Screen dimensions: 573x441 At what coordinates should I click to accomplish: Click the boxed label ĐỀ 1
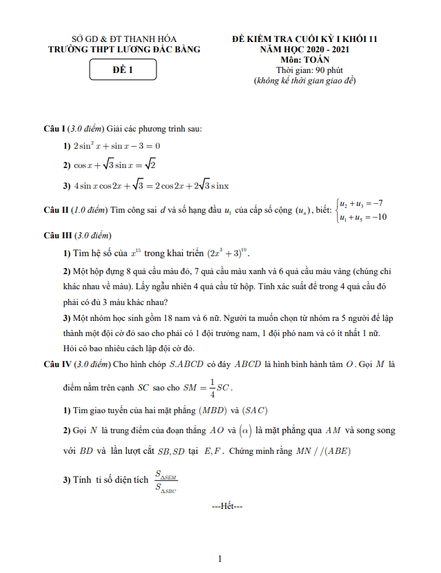(123, 69)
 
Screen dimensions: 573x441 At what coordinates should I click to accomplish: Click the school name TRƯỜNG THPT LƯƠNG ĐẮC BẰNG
(124, 50)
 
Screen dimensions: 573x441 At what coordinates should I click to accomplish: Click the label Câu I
(54, 129)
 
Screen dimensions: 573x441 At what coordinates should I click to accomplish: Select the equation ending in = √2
(115, 165)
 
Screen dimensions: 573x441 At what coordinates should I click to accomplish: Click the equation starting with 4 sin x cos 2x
(151, 185)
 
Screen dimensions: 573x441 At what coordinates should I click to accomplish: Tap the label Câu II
(56, 209)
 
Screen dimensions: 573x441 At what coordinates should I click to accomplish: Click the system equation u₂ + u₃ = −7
(361, 203)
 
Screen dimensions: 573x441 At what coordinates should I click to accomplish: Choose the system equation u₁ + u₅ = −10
(362, 217)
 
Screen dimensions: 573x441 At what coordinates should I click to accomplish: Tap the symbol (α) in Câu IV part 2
(244, 430)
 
